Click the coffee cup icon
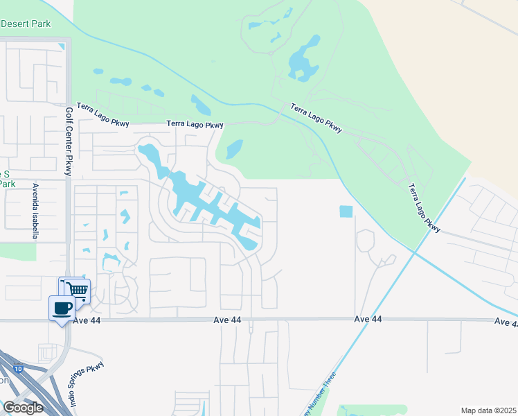click(62, 307)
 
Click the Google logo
click(23, 408)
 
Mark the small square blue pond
click(346, 211)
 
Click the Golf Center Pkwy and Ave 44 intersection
click(68, 320)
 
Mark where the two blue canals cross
click(414, 252)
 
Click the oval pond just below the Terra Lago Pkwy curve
click(235, 148)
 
